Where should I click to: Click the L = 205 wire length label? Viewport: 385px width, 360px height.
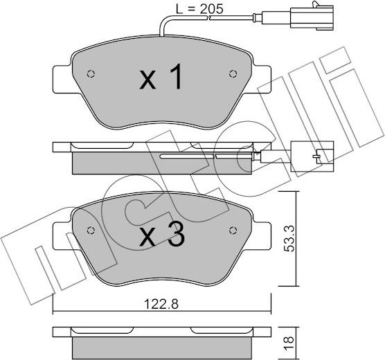[194, 9]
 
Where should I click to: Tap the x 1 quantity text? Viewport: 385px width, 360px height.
[161, 79]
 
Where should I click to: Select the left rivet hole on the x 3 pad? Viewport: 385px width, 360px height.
[89, 231]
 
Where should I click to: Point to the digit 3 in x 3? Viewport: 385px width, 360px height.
[176, 237]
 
